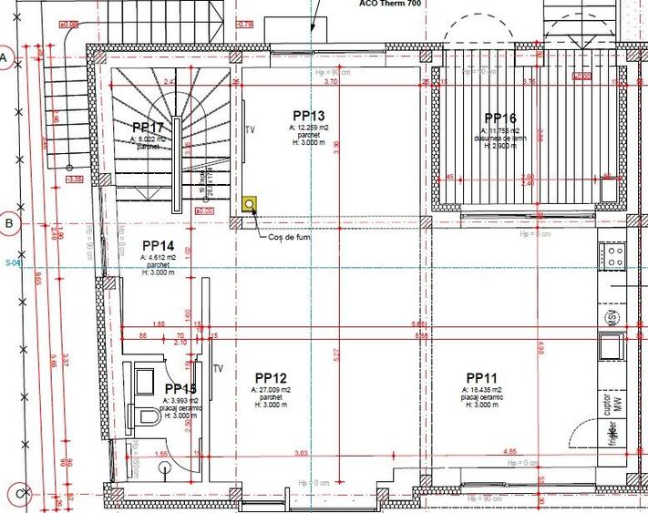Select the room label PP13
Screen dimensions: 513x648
[x=308, y=115]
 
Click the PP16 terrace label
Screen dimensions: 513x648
[x=500, y=118]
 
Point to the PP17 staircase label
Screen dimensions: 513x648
[x=148, y=128]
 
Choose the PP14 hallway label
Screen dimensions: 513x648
[x=158, y=245]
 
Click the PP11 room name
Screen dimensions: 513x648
[x=481, y=377]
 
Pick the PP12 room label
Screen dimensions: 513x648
[x=272, y=377]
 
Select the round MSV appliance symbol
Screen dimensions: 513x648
[x=612, y=316]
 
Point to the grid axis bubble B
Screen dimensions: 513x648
[x=6, y=222]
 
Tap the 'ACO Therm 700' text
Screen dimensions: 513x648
[x=390, y=5]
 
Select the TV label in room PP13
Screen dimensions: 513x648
[x=250, y=129]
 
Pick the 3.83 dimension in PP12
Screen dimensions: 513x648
[x=300, y=453]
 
